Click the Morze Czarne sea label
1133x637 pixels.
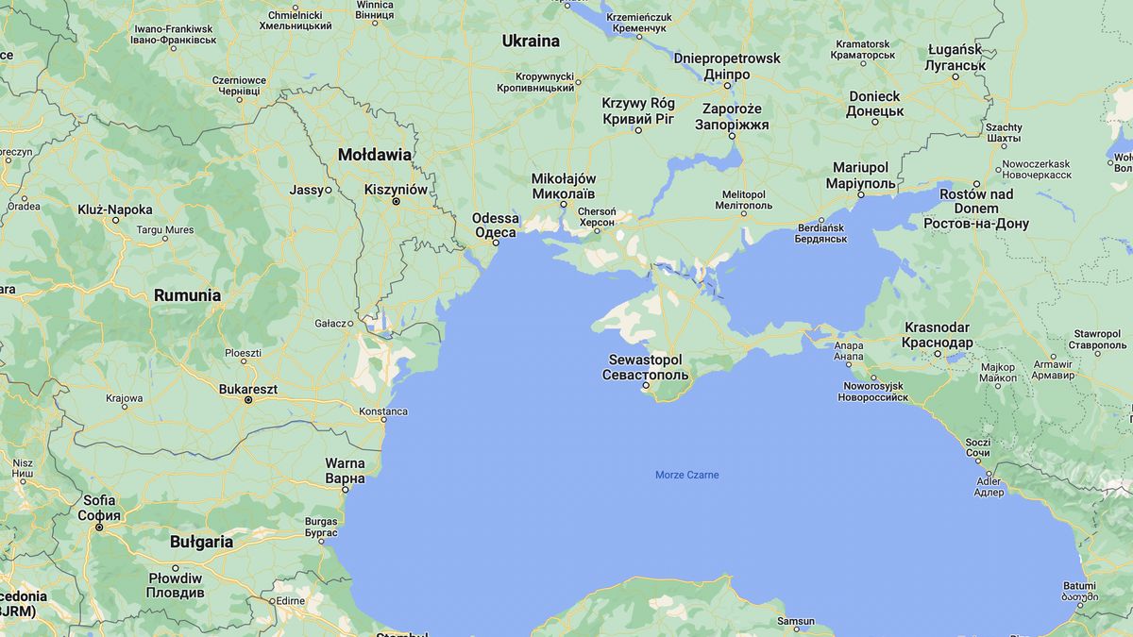[686, 475]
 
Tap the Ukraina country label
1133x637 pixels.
[530, 42]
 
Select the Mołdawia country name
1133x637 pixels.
[375, 155]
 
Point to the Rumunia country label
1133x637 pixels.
[187, 295]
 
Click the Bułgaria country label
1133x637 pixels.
[201, 542]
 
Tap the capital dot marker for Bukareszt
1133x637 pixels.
[248, 400]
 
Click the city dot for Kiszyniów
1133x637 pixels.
[397, 201]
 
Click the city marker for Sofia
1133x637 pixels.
[99, 528]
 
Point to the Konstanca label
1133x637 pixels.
[383, 411]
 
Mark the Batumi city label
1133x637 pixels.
[1079, 585]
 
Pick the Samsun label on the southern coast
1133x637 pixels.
[795, 621]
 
